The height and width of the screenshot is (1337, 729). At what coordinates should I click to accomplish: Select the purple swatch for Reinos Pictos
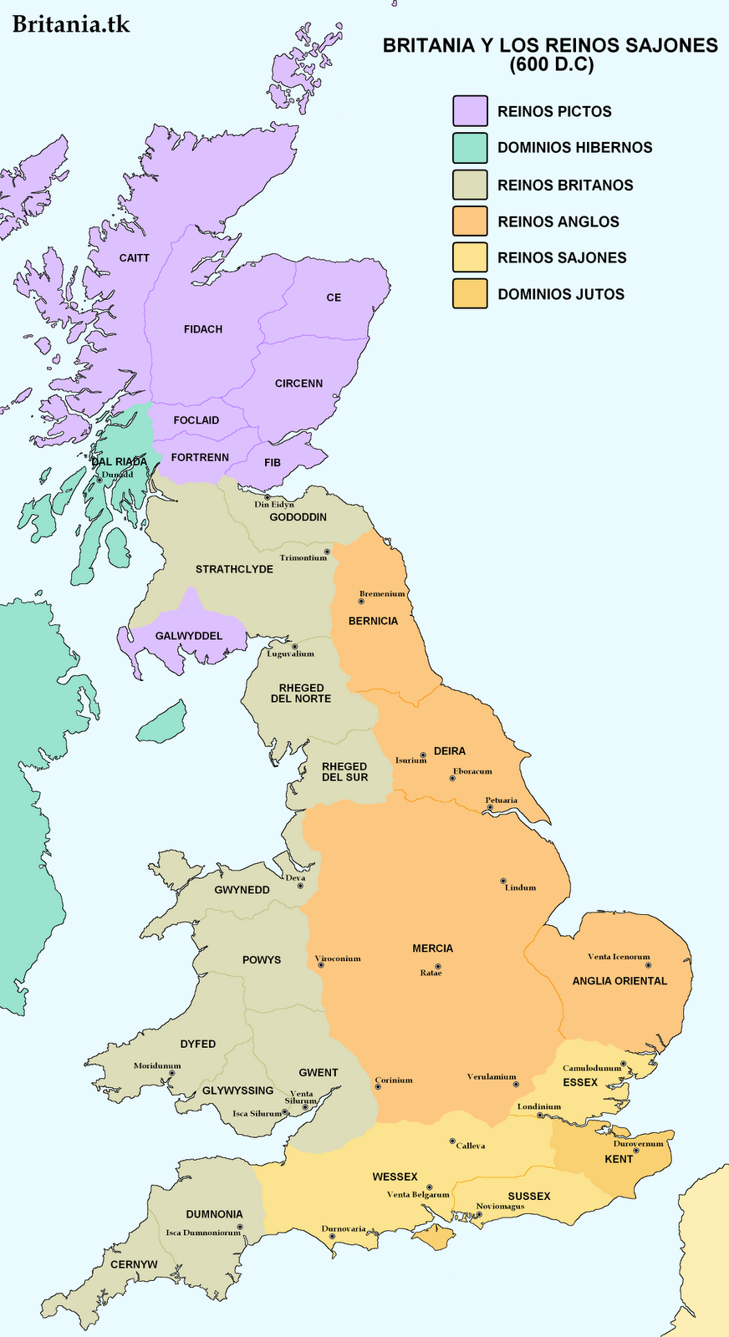click(470, 111)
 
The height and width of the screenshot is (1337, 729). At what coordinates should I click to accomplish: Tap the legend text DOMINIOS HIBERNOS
click(574, 148)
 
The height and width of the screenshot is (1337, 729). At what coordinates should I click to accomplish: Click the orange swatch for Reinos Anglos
click(470, 221)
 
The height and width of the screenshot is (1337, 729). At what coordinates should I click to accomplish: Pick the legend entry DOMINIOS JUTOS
click(560, 294)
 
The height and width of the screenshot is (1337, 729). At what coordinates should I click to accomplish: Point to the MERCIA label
click(432, 948)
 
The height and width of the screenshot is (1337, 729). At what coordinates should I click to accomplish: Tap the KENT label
click(619, 1159)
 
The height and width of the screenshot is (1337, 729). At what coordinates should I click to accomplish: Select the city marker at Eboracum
click(452, 778)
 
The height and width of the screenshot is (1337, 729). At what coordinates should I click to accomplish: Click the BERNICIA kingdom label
click(373, 621)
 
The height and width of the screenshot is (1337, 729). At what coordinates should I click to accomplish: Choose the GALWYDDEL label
click(189, 636)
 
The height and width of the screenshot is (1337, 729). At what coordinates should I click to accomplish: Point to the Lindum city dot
click(502, 881)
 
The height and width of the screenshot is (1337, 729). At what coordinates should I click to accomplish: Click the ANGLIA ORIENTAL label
click(619, 981)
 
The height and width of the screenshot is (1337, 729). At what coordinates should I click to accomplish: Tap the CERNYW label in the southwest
click(134, 1264)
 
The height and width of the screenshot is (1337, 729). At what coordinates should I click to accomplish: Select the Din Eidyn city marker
click(268, 497)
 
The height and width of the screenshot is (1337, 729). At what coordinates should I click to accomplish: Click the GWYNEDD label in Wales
click(242, 890)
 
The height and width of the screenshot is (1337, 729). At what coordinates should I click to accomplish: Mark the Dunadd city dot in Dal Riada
click(99, 480)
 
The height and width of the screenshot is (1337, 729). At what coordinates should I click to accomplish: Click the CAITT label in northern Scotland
click(134, 258)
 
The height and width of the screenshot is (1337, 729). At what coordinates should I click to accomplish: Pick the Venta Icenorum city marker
click(648, 965)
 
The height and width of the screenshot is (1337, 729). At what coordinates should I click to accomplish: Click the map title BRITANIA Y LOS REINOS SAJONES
click(550, 46)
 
